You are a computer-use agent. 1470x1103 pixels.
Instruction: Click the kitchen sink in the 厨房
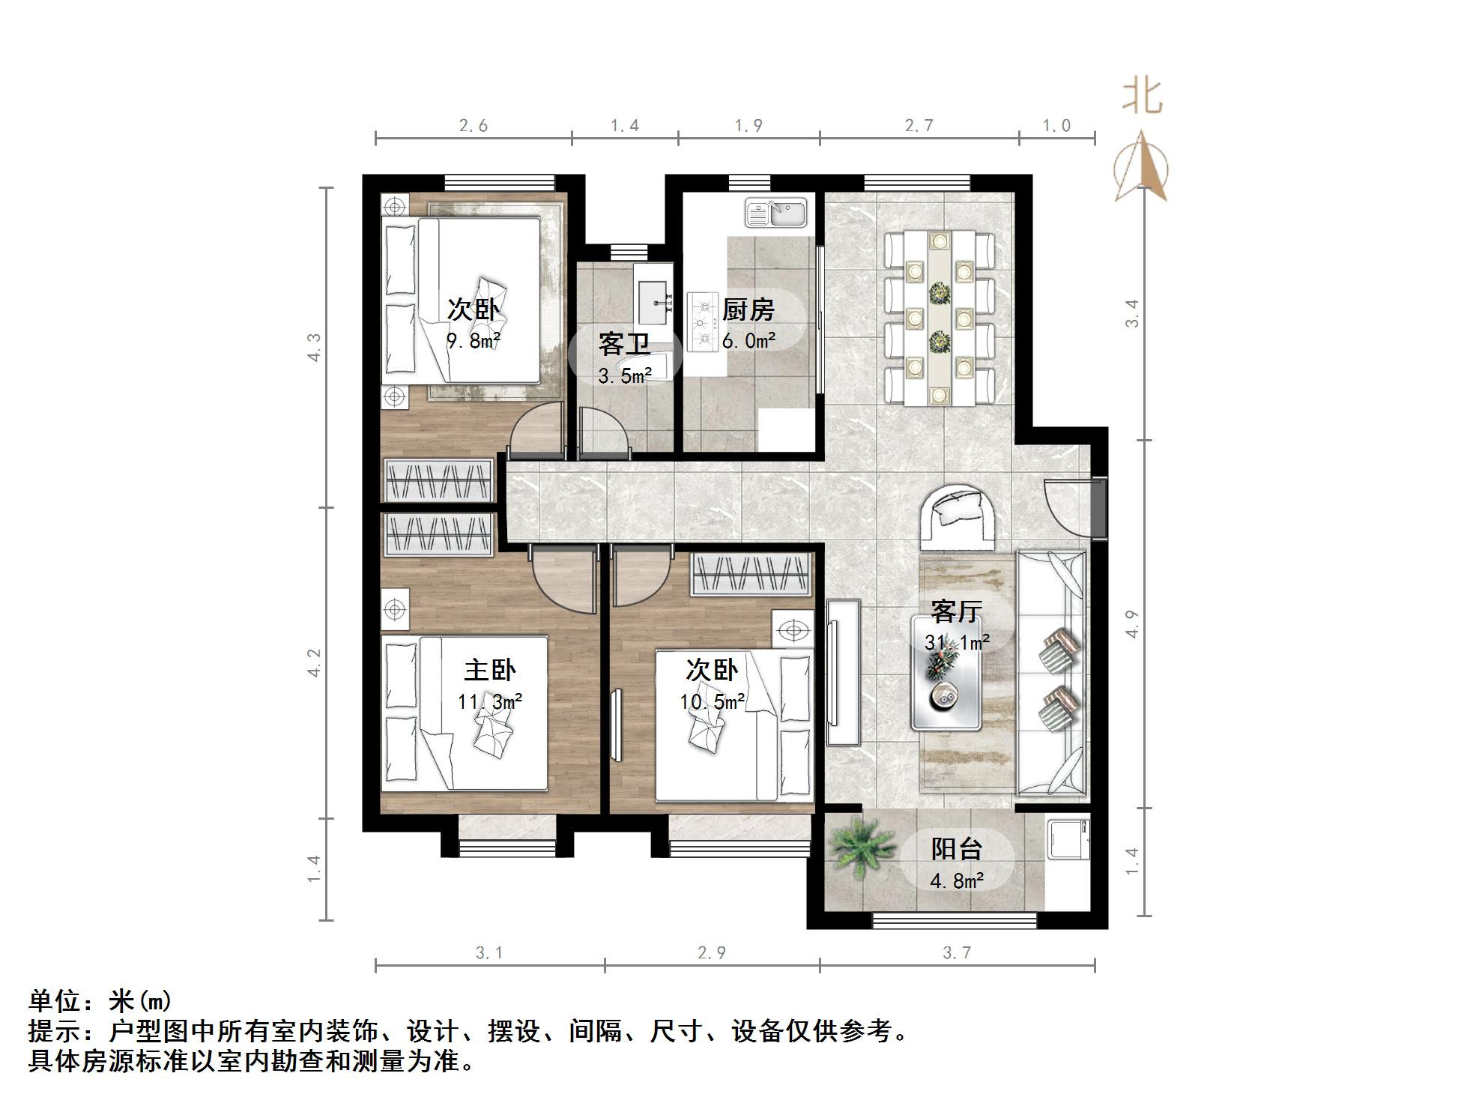pos(775,212)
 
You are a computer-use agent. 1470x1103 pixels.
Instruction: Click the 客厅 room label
pos(956,611)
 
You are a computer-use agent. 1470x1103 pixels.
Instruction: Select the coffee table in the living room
pos(946,673)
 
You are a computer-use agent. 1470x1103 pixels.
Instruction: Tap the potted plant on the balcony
pos(860,850)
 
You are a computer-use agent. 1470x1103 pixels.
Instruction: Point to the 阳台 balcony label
pos(956,848)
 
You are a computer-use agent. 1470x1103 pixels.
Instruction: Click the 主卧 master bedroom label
pos(489,669)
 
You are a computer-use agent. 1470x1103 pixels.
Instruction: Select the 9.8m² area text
pos(474,342)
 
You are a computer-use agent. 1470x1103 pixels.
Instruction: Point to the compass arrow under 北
pos(1141,166)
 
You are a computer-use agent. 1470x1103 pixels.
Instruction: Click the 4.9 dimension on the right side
pos(1131,624)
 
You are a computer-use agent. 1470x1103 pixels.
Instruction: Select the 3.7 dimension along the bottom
pos(956,953)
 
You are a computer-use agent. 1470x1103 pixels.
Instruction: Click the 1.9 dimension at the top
pos(748,126)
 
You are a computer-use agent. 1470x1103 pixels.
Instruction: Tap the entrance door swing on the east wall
pos(1067,506)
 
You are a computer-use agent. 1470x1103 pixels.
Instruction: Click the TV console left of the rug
pos(843,671)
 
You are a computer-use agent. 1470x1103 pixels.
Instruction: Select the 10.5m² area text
pos(712,702)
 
